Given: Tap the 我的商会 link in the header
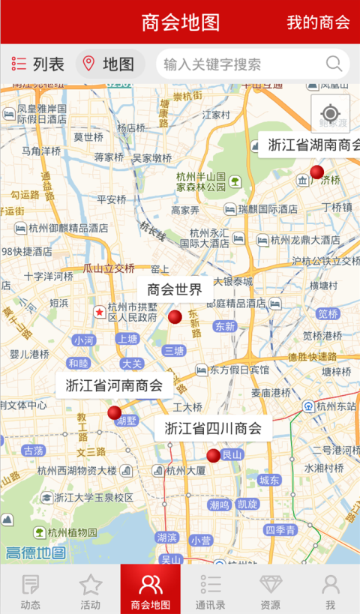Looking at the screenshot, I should [318, 22].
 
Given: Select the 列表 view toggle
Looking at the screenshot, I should [38, 64].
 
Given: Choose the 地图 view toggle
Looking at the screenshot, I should [109, 64].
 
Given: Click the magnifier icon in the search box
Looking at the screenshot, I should [334, 64].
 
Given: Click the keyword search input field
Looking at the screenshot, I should [240, 64].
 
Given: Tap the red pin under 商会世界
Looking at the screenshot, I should [175, 317].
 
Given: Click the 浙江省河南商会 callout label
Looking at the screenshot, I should [114, 386].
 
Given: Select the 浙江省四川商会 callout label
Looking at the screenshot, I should [213, 429].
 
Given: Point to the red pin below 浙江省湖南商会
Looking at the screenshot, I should [317, 172].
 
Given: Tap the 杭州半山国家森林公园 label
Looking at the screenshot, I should [201, 181].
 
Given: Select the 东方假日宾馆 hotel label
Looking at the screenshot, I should [238, 370].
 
